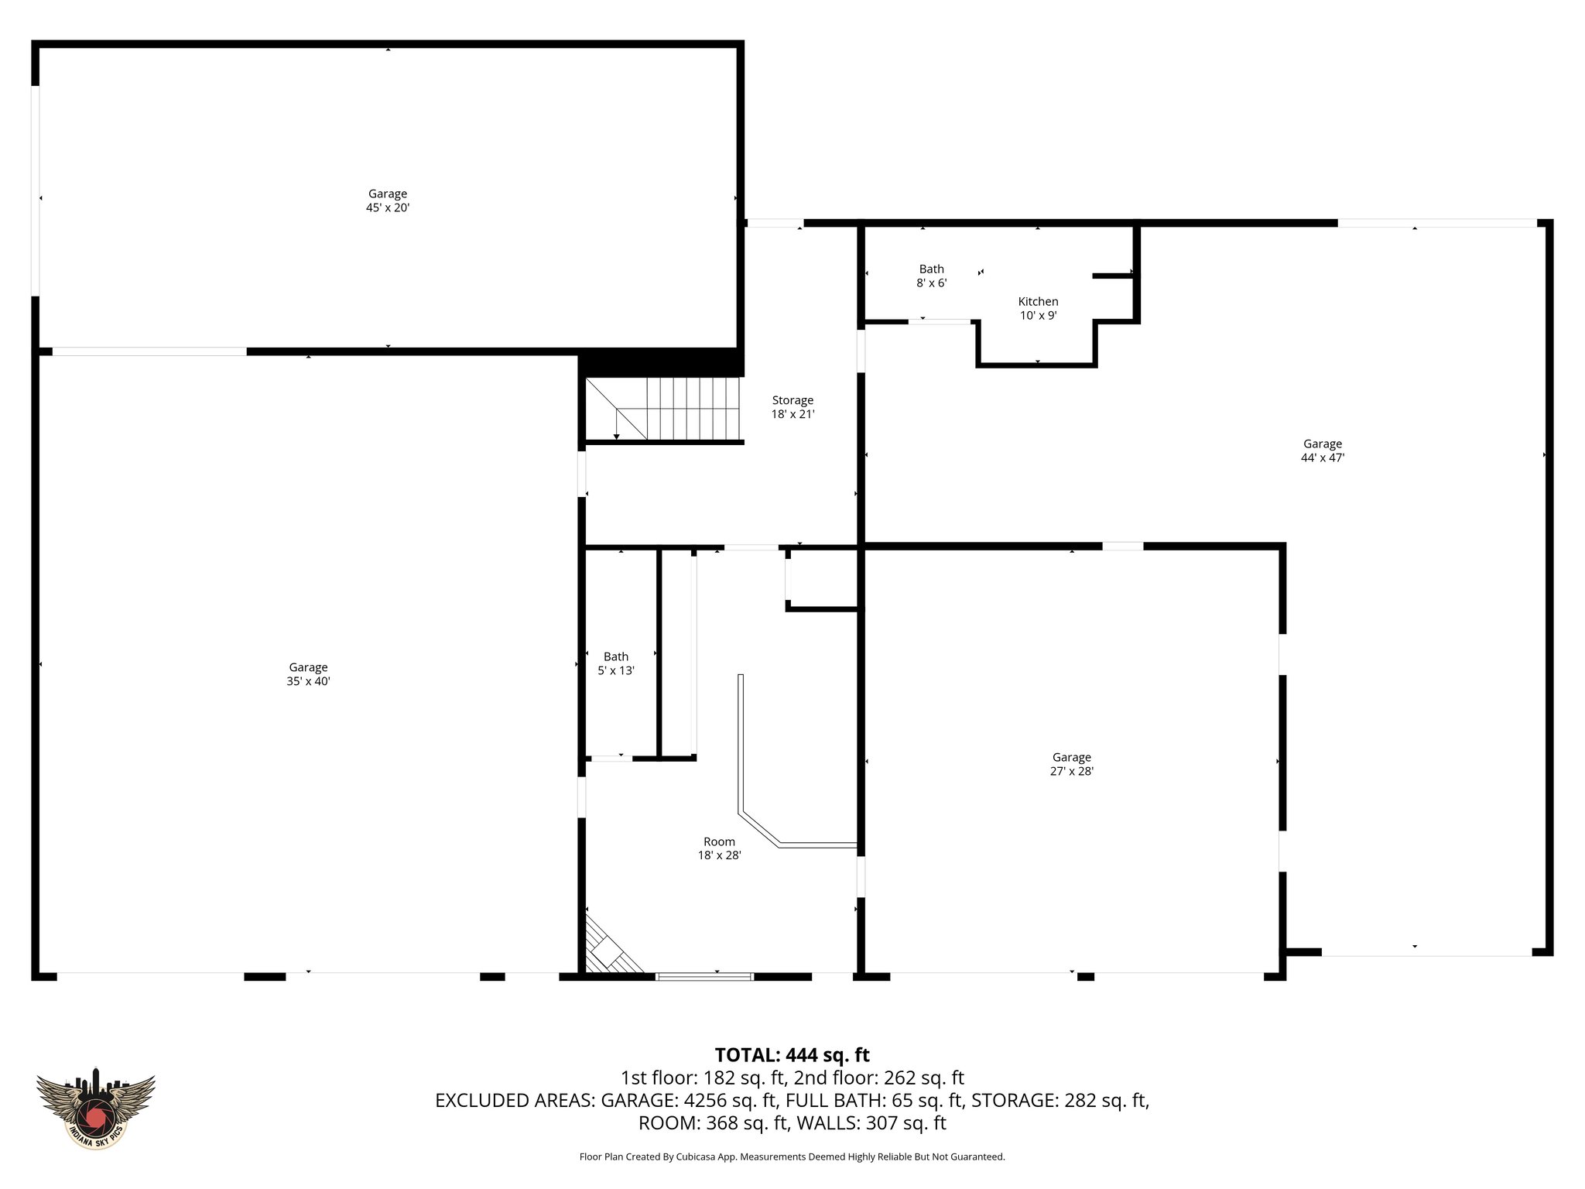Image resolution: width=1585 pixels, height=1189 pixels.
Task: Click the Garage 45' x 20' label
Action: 387,200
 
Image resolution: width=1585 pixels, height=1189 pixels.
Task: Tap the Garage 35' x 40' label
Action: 308,674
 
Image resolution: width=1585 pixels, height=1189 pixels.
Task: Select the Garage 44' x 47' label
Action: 1322,451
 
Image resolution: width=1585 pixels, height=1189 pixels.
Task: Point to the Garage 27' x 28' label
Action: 1071,764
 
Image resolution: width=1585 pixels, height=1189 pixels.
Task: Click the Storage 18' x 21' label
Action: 792,407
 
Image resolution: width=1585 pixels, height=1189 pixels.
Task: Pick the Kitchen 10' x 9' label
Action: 1038,308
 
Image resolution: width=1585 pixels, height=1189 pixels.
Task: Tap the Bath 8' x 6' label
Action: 931,276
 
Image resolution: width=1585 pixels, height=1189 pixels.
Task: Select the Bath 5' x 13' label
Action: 616,663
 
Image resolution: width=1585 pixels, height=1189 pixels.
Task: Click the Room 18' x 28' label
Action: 719,848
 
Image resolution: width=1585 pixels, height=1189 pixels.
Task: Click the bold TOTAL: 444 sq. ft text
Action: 792,1055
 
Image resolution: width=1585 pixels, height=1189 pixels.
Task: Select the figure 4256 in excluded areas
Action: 707,1100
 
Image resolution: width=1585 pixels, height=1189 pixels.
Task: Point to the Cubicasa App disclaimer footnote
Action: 792,1156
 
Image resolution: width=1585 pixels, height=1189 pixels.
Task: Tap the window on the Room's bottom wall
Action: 704,977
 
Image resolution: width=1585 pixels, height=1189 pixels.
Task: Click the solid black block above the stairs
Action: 660,362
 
